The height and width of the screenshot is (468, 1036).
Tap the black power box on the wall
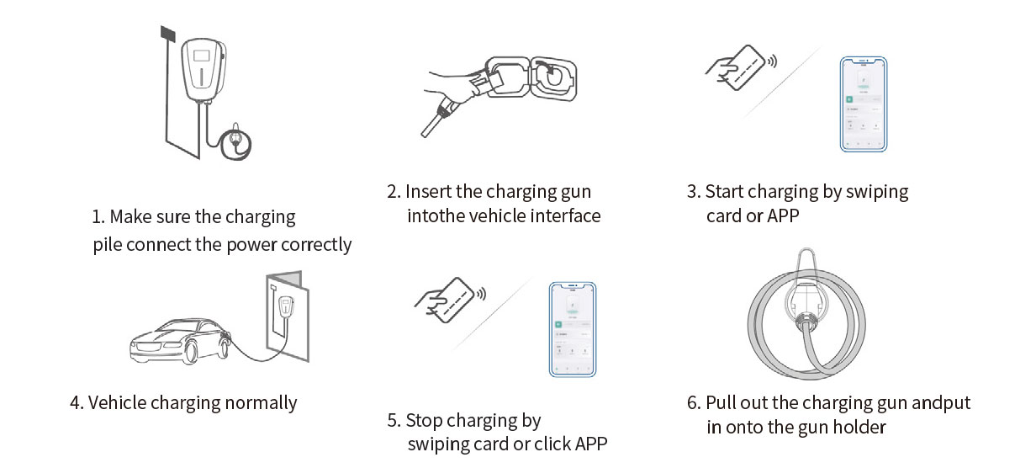click(167, 33)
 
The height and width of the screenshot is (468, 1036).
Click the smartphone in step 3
click(864, 104)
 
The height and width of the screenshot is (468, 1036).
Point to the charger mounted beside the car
click(286, 307)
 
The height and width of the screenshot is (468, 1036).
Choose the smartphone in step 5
click(573, 329)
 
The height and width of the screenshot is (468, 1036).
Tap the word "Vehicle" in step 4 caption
click(119, 403)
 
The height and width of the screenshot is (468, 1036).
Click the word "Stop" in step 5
click(425, 421)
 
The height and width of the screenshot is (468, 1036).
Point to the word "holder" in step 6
click(859, 428)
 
